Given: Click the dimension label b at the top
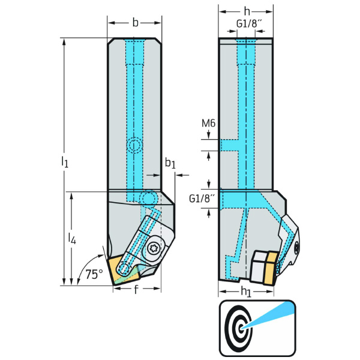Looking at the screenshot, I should tap(135, 22).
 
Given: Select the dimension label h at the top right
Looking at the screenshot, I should tap(247, 11).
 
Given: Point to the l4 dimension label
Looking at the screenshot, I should tap(72, 239).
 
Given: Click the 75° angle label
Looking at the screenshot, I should tap(93, 274).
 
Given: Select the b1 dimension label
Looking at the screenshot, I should tap(170, 163).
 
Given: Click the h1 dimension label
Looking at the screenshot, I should tap(246, 293).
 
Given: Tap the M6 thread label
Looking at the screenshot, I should tap(208, 124).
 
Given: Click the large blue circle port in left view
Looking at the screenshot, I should tap(147, 199).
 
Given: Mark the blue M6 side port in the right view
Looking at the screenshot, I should tap(230, 146).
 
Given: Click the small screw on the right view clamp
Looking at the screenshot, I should tap(295, 245).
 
